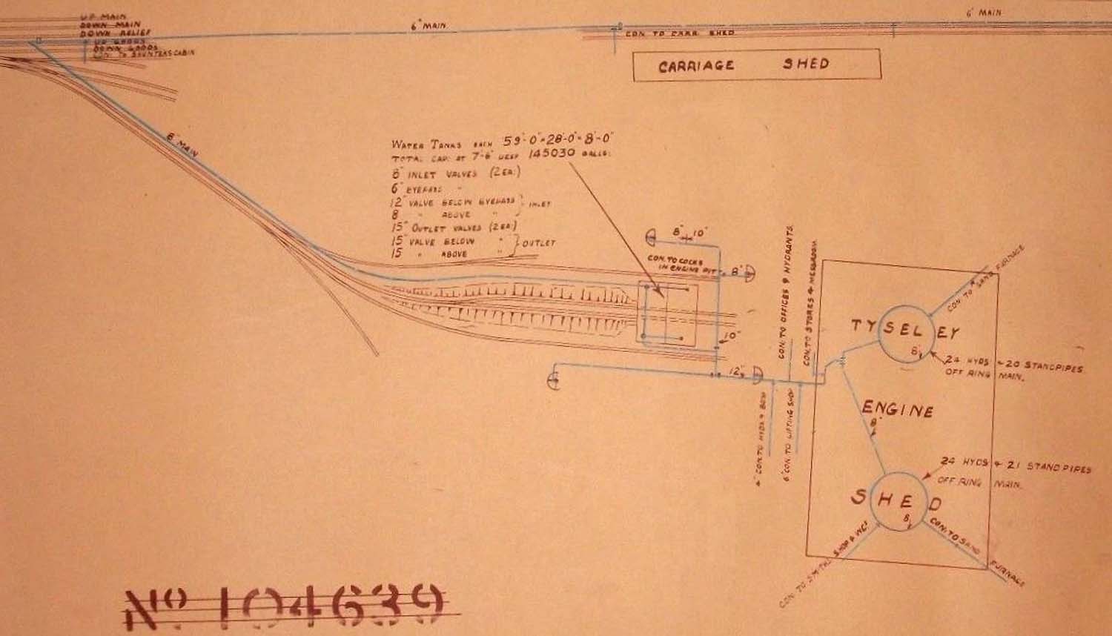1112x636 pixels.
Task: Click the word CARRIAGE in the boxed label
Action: point(695,66)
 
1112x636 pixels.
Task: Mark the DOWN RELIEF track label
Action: point(114,32)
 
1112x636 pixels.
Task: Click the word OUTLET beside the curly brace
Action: point(538,242)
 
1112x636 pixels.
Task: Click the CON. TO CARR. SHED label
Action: point(681,33)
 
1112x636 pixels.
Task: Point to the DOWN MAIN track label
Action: point(110,24)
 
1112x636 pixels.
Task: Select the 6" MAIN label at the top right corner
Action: point(984,13)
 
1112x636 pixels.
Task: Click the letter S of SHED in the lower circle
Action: point(858,497)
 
